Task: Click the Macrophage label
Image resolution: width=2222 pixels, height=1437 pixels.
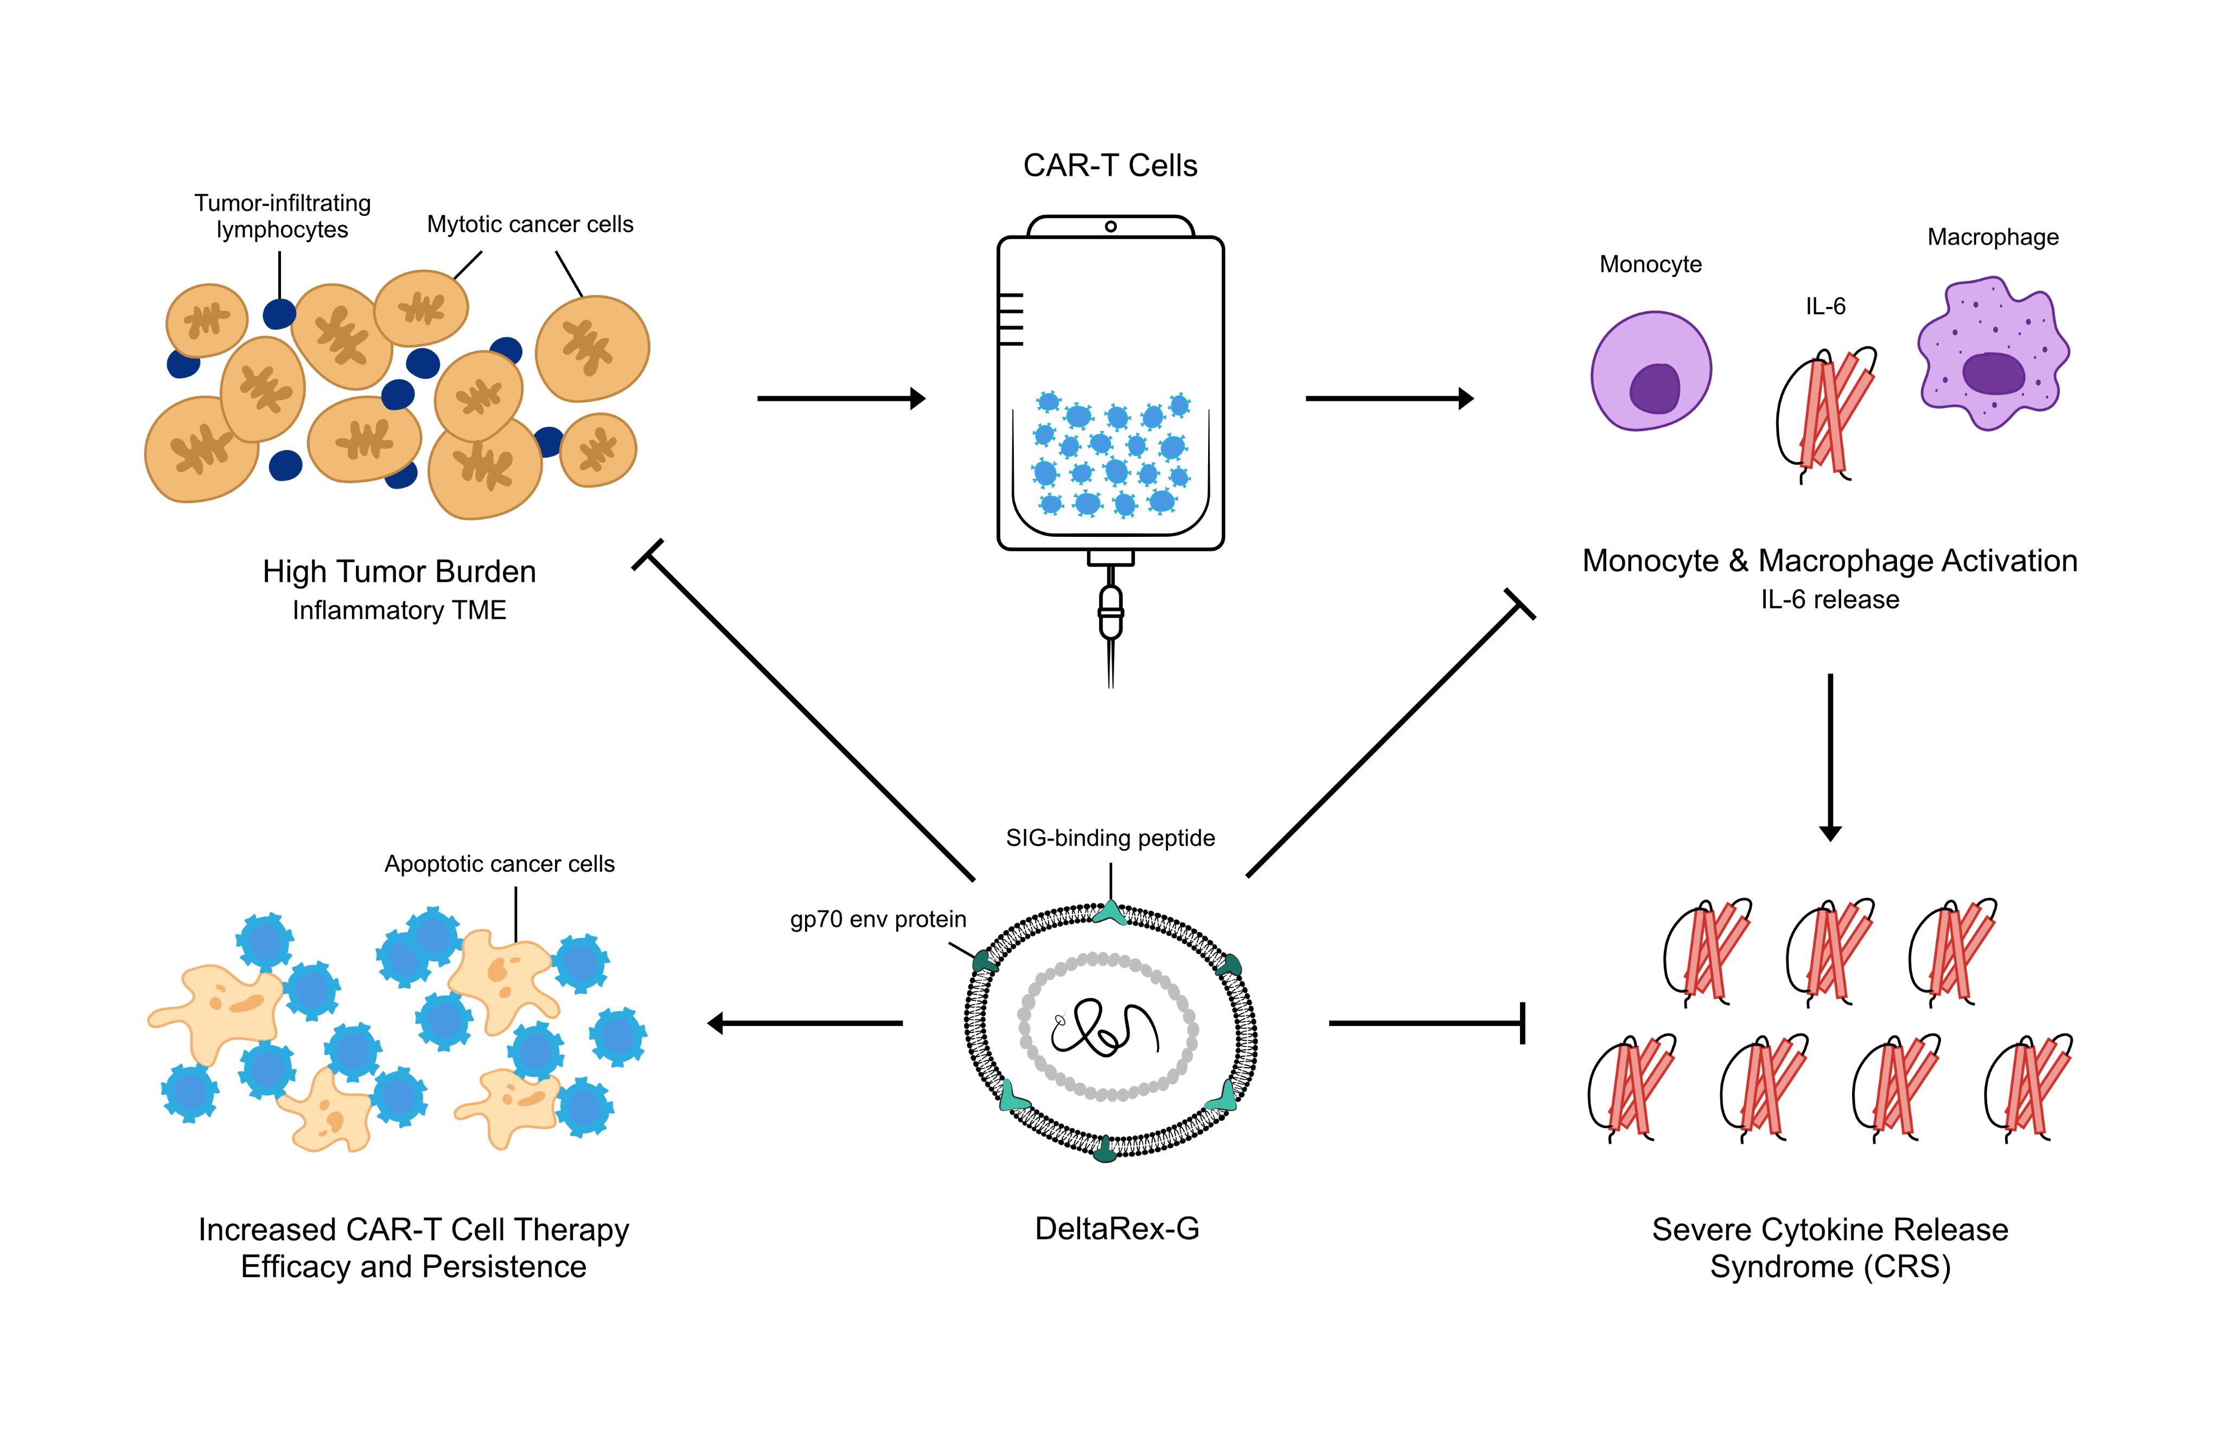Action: (1993, 237)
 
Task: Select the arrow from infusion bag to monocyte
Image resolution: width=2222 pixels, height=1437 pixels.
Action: (1389, 399)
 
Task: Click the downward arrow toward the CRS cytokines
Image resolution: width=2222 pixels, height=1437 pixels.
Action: (1830, 756)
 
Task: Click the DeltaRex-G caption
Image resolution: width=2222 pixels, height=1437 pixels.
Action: (1116, 1229)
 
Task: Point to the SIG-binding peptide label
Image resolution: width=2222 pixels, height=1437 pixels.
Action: (1109, 838)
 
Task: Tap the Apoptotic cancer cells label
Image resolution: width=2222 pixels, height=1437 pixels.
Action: (499, 864)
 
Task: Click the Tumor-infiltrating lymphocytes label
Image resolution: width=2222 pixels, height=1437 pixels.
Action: (282, 216)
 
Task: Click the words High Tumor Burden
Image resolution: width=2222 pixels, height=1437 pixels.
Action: (399, 571)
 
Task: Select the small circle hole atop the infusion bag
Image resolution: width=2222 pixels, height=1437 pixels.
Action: (1110, 227)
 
